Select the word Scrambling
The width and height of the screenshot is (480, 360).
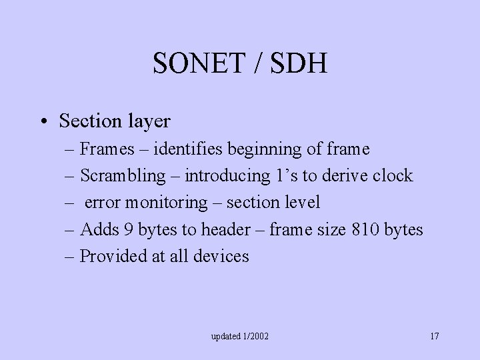[x=123, y=176]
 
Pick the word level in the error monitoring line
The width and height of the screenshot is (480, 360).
[x=302, y=203]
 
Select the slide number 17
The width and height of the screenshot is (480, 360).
[x=434, y=336]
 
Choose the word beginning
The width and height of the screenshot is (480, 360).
[x=271, y=149]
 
